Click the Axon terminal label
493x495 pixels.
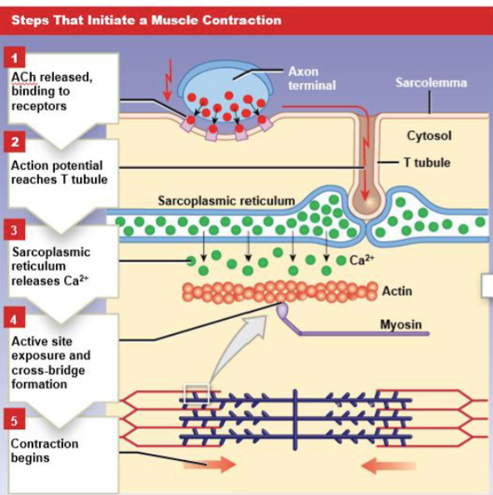[311, 78]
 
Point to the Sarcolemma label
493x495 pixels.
[431, 82]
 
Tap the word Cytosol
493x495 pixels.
[429, 135]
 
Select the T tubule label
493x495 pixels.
[426, 162]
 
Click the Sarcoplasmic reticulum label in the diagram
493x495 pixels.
[226, 201]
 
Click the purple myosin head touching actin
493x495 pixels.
[283, 311]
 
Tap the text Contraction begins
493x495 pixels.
[43, 451]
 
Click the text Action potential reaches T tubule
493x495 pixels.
[58, 172]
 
